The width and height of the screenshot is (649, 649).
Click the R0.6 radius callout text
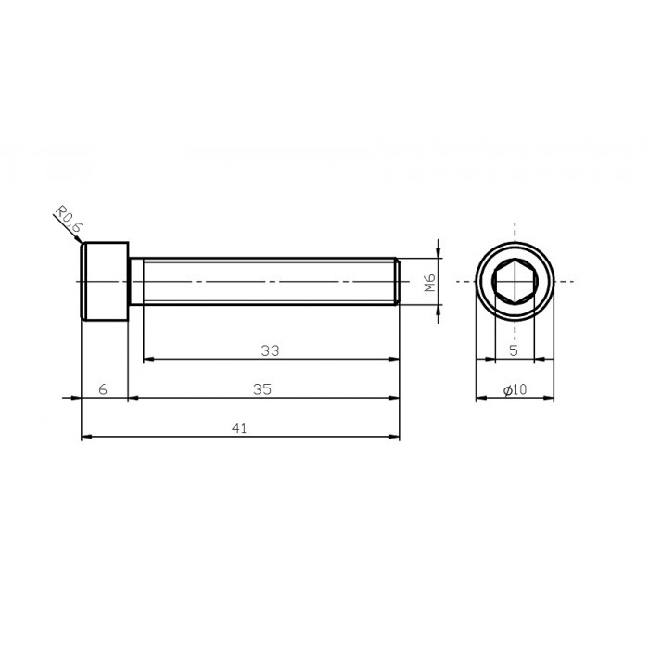68,220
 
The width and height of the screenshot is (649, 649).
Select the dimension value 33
270,350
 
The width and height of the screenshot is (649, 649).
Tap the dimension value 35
262,389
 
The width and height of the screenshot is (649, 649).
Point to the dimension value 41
239,428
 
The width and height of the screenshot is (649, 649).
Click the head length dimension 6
103,389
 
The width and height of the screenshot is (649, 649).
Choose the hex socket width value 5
514,351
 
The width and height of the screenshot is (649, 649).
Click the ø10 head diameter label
515,390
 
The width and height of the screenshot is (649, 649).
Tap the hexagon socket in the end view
515,281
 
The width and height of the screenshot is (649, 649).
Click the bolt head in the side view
104,281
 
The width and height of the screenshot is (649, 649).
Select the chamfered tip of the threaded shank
397,281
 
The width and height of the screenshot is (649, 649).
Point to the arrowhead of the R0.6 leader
80,241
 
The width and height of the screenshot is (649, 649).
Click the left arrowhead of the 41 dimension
86,437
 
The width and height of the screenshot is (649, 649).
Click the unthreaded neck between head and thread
135,281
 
